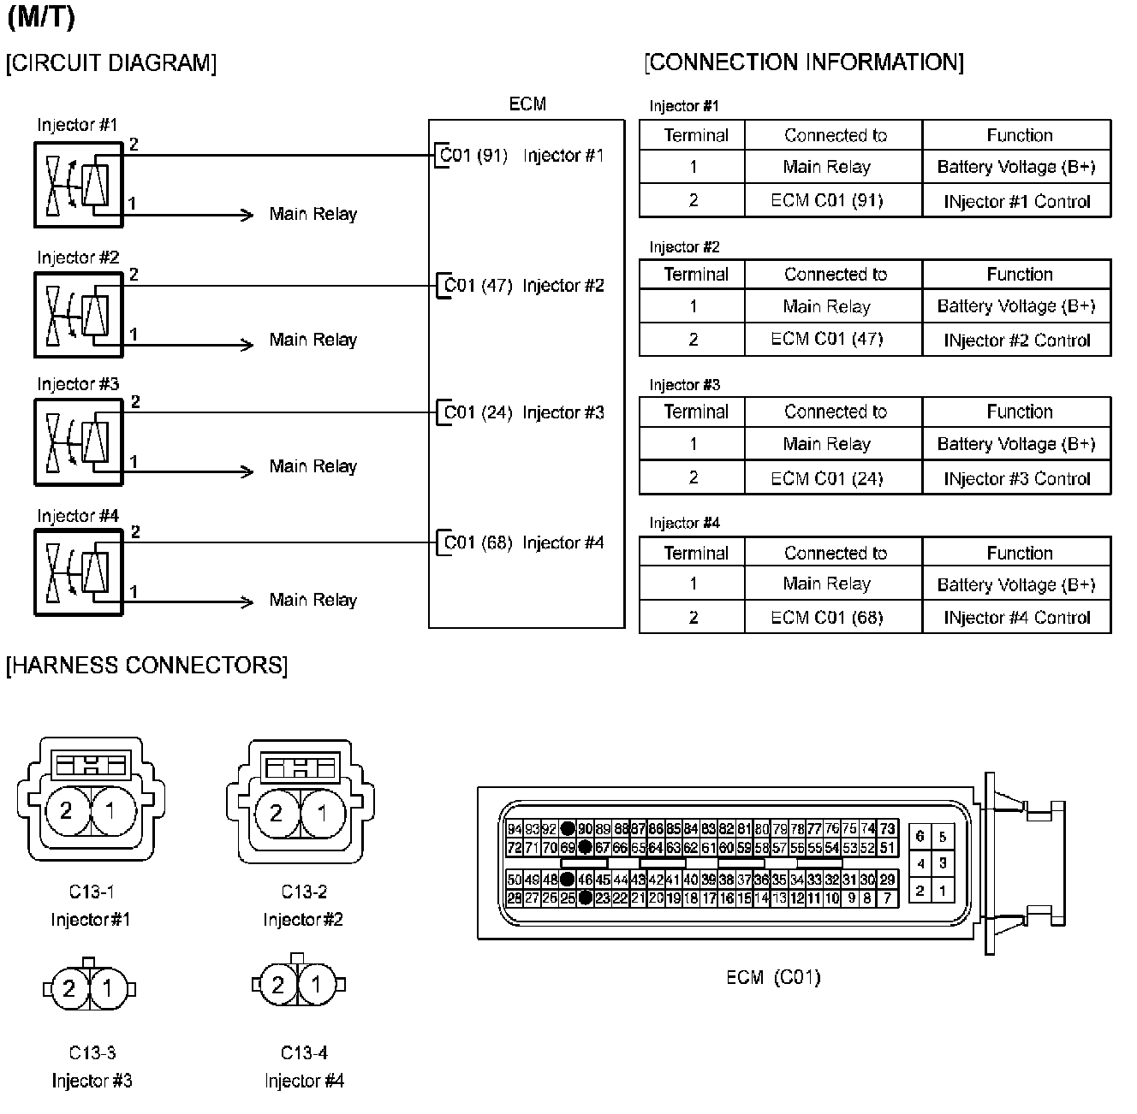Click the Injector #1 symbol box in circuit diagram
click(78, 184)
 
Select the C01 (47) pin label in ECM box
click(478, 286)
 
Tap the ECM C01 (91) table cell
click(826, 201)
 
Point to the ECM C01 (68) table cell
click(826, 618)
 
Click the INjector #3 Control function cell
click(1016, 479)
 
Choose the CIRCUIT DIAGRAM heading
click(111, 63)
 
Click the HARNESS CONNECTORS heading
click(146, 666)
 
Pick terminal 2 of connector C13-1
click(67, 810)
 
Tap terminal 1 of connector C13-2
click(323, 812)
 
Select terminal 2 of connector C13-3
click(69, 989)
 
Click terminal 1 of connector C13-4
click(317, 986)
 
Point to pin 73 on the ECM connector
click(888, 829)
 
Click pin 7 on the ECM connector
click(888, 898)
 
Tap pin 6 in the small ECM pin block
click(920, 837)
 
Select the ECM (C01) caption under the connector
click(772, 977)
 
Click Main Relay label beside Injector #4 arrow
click(313, 601)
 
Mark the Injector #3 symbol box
click(78, 442)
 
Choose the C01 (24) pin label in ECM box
click(478, 412)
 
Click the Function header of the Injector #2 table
click(1019, 275)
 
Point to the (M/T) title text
click(40, 19)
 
